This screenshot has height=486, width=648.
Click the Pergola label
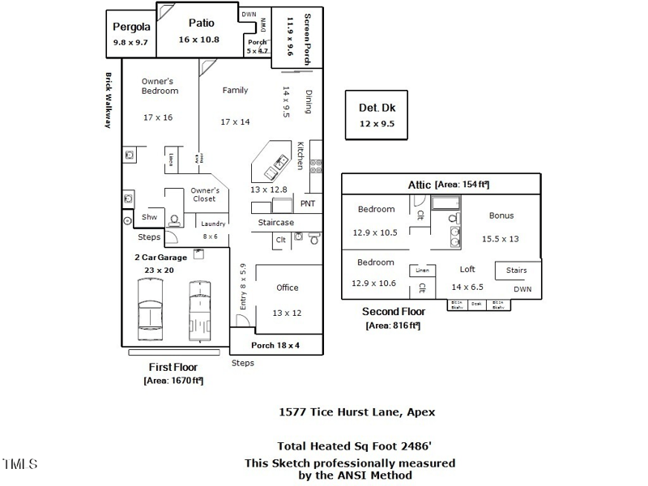[x=130, y=26]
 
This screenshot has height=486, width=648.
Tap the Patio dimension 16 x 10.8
[x=199, y=39]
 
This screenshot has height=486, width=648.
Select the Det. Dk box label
[x=377, y=108]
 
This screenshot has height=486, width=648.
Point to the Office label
[x=287, y=288]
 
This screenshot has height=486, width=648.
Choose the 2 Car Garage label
[x=160, y=258]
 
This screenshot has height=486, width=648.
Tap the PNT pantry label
[x=308, y=203]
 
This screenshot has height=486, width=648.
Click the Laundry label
[x=213, y=224]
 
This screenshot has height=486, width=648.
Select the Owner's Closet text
[x=205, y=194]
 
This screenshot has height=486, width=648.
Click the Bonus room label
[x=501, y=215]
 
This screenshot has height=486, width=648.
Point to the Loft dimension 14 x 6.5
[x=467, y=287]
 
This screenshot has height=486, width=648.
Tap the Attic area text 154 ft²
[x=462, y=185]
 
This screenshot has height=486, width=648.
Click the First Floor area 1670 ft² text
[x=173, y=380]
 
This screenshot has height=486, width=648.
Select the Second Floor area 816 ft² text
[x=393, y=325]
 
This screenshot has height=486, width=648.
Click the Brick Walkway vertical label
[x=107, y=100]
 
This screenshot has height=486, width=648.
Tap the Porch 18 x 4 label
[x=275, y=344]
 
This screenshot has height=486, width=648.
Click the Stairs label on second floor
[x=516, y=271]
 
